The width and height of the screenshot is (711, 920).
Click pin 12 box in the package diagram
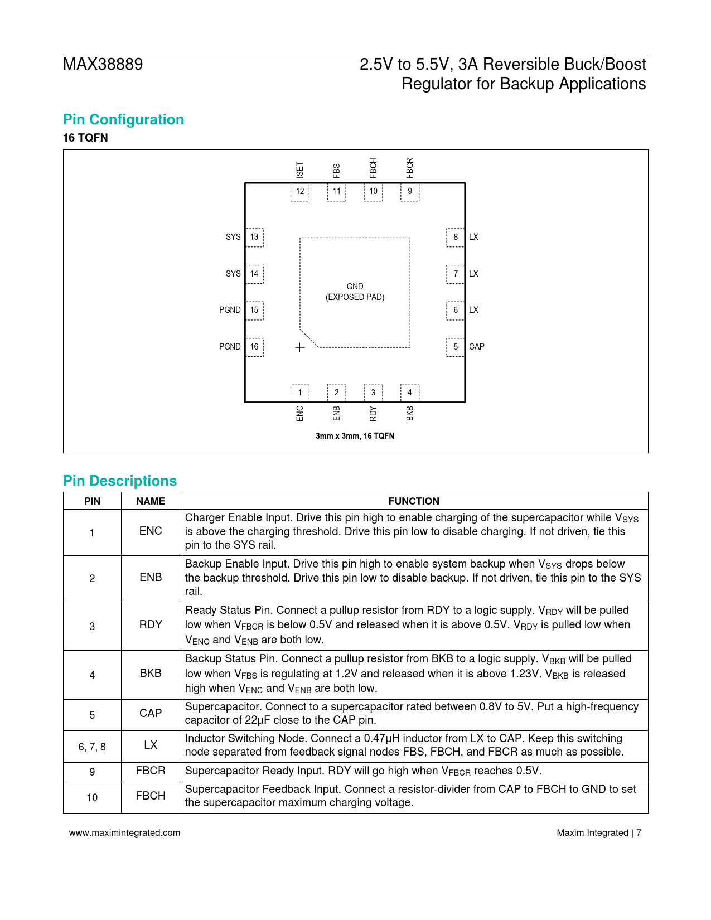coord(300,192)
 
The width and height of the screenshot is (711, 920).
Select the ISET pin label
coord(300,170)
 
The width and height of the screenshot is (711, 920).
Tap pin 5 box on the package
coord(456,347)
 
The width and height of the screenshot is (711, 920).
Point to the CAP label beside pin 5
coord(477,347)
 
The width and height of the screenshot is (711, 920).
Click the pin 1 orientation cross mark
coord(300,348)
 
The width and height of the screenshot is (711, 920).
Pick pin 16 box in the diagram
coord(254,347)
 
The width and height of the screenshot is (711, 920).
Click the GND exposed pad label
coord(355,292)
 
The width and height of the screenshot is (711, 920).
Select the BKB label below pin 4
coord(410,413)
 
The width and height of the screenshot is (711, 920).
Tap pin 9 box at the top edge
coord(410,192)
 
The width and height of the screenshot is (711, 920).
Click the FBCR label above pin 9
coord(410,168)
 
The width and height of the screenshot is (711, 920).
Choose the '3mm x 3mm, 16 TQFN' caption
coord(355,436)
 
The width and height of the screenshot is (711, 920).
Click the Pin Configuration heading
coord(123,120)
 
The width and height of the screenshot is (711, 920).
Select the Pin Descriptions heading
coord(120,481)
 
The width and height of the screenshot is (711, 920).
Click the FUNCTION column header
coord(414,501)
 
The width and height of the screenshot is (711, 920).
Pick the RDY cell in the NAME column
coord(151,625)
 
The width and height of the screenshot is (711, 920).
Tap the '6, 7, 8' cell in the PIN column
coord(92,747)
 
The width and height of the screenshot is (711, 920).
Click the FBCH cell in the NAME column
coord(151,796)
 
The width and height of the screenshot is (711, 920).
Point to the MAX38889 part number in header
coord(103,65)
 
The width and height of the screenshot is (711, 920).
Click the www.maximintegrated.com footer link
coord(125,833)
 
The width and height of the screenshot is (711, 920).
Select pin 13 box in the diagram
coord(254,237)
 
